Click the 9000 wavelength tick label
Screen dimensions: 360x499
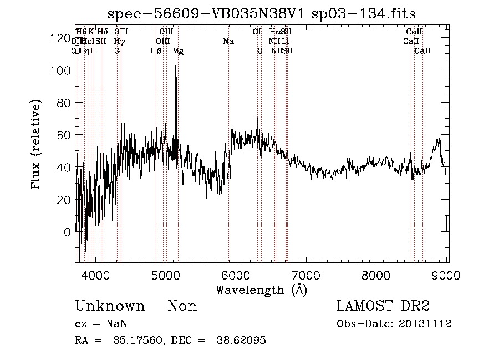click(447, 275)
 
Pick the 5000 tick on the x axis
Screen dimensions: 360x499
click(166, 275)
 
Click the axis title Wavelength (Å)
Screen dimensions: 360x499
click(261, 289)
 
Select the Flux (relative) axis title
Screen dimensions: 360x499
click(37, 145)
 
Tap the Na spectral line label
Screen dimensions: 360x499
click(228, 41)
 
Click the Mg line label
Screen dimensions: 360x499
click(178, 51)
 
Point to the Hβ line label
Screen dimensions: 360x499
click(156, 51)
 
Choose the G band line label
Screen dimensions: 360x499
click(117, 50)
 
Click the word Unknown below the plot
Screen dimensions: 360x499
click(110, 306)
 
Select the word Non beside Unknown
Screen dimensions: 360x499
click(182, 306)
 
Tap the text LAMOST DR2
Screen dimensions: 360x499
click(383, 306)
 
